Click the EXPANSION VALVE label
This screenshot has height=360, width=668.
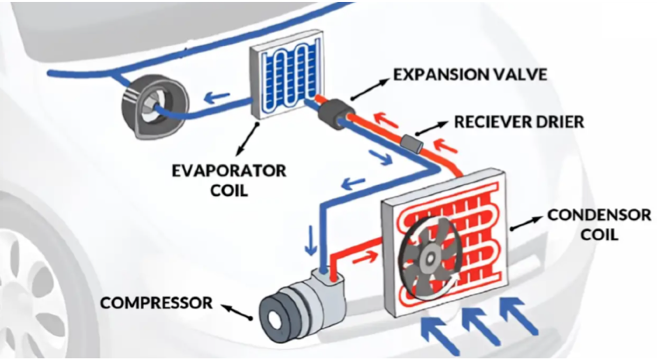470,75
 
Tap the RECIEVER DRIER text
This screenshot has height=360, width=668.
519,122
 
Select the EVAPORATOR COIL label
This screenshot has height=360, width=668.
229,180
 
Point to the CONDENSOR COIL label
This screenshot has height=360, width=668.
599,225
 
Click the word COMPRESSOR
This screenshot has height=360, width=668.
156,303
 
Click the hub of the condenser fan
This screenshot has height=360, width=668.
429,258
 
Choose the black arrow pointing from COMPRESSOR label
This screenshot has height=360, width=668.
237,312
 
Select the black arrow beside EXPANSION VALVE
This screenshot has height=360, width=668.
370,90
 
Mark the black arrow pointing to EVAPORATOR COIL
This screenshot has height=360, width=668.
248,139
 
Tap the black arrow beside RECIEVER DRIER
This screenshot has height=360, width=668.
431,128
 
